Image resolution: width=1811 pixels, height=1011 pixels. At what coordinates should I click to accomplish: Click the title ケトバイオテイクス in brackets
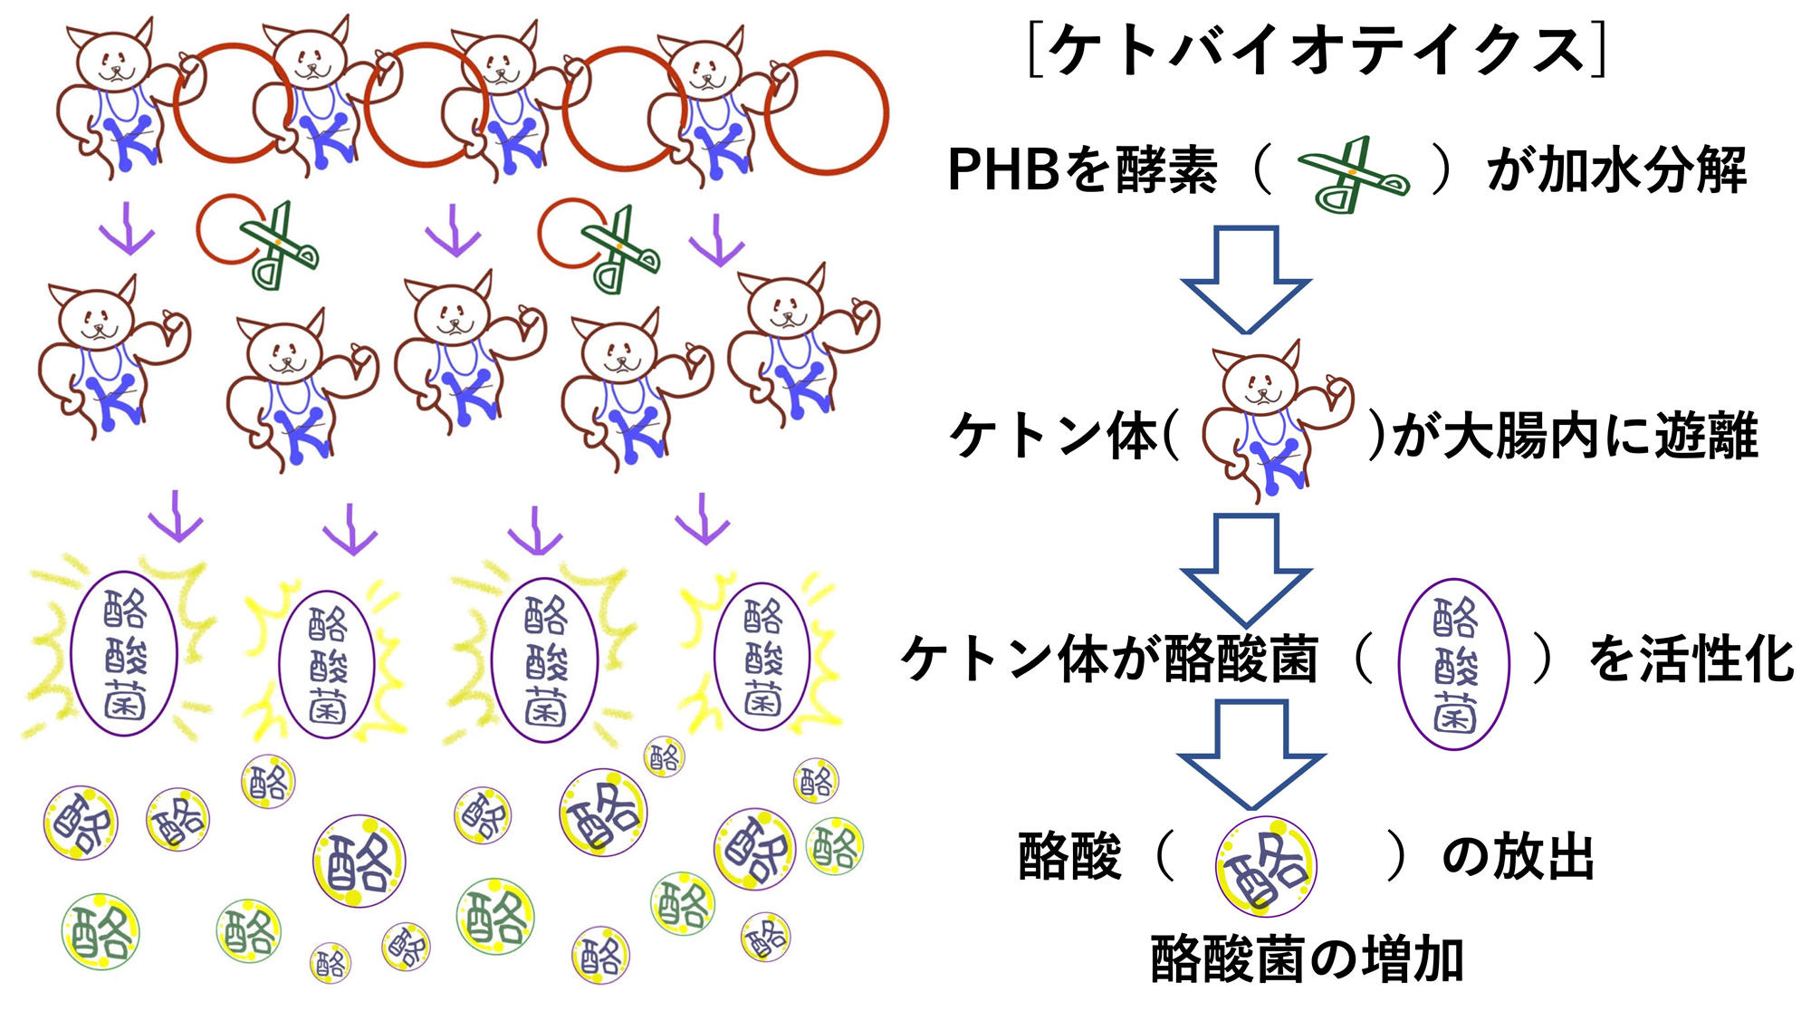[x=1318, y=51]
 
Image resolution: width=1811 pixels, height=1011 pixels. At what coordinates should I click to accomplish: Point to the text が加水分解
[x=1617, y=169]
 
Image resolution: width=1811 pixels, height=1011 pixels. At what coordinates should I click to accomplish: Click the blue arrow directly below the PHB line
[x=1246, y=279]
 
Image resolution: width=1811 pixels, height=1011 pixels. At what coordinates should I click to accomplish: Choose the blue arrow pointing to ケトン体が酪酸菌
[x=1246, y=569]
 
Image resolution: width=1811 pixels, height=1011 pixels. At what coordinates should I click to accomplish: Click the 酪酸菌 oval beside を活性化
[x=1453, y=664]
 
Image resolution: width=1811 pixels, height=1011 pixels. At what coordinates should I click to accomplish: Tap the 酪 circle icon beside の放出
[x=1265, y=865]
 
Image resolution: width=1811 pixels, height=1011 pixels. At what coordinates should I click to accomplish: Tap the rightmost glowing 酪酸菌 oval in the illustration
[x=762, y=657]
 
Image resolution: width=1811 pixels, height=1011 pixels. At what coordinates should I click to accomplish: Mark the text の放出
[x=1518, y=856]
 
